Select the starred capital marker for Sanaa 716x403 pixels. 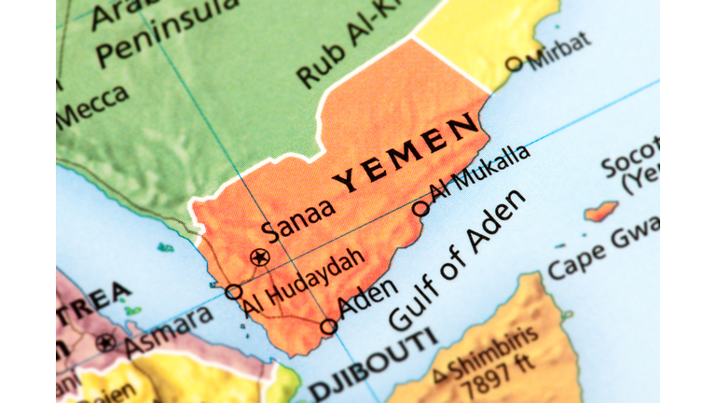click(x=259, y=257)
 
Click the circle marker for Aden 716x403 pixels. click(x=328, y=327)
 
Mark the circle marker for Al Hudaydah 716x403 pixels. click(x=234, y=292)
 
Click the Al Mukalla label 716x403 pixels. click(x=479, y=173)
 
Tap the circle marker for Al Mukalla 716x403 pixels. click(x=421, y=207)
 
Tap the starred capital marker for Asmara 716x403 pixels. click(x=106, y=342)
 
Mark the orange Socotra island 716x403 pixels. click(x=602, y=211)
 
